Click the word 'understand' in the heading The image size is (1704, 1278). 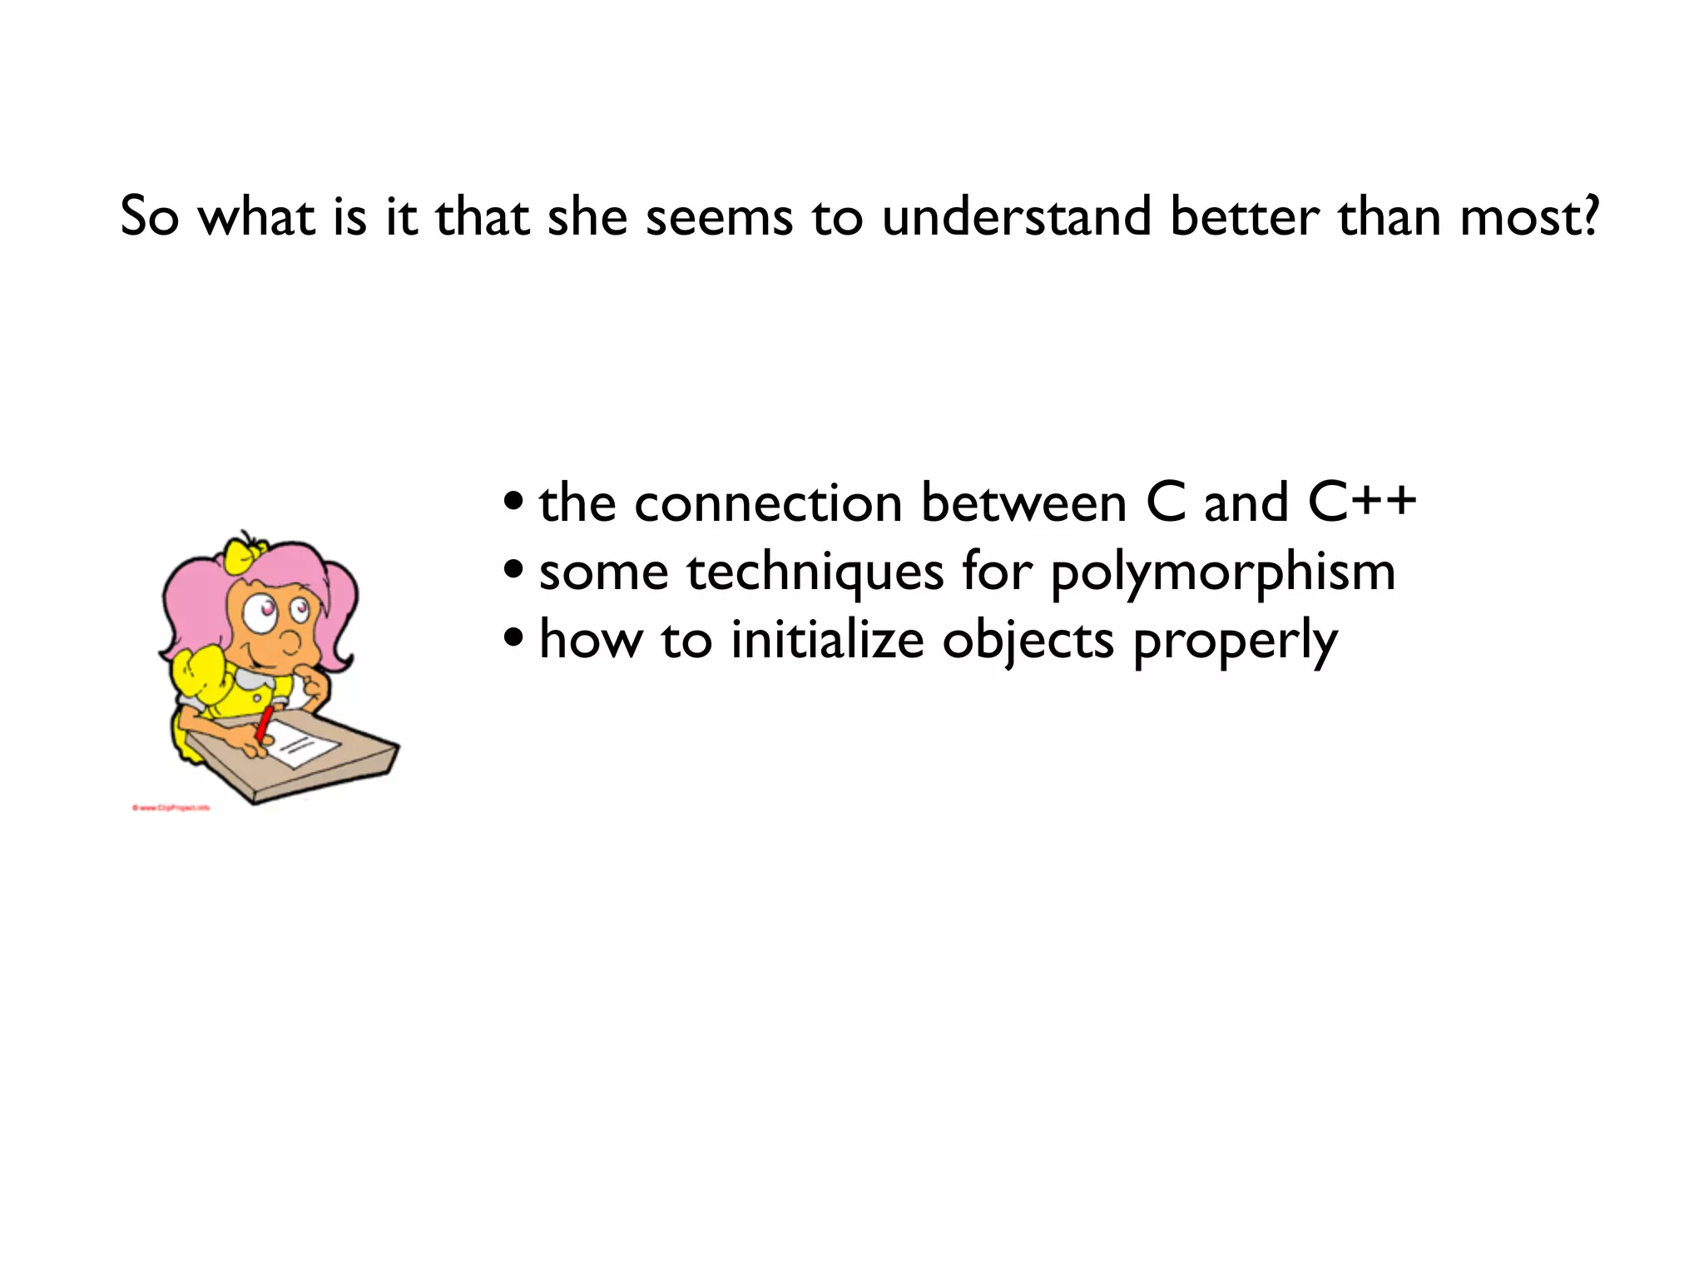[x=1016, y=218]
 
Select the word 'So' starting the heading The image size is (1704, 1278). [x=149, y=218]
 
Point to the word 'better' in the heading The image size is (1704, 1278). [x=1245, y=218]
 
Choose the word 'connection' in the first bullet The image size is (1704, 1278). [x=768, y=504]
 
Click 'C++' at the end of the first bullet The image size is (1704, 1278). [x=1361, y=503]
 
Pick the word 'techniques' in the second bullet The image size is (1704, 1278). [x=815, y=574]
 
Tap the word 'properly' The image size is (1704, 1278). [x=1235, y=644]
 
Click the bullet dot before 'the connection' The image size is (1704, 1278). [x=514, y=503]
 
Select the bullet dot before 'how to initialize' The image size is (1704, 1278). [x=514, y=640]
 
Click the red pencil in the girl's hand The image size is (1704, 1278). [x=265, y=724]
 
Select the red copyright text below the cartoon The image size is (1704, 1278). [x=171, y=808]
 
